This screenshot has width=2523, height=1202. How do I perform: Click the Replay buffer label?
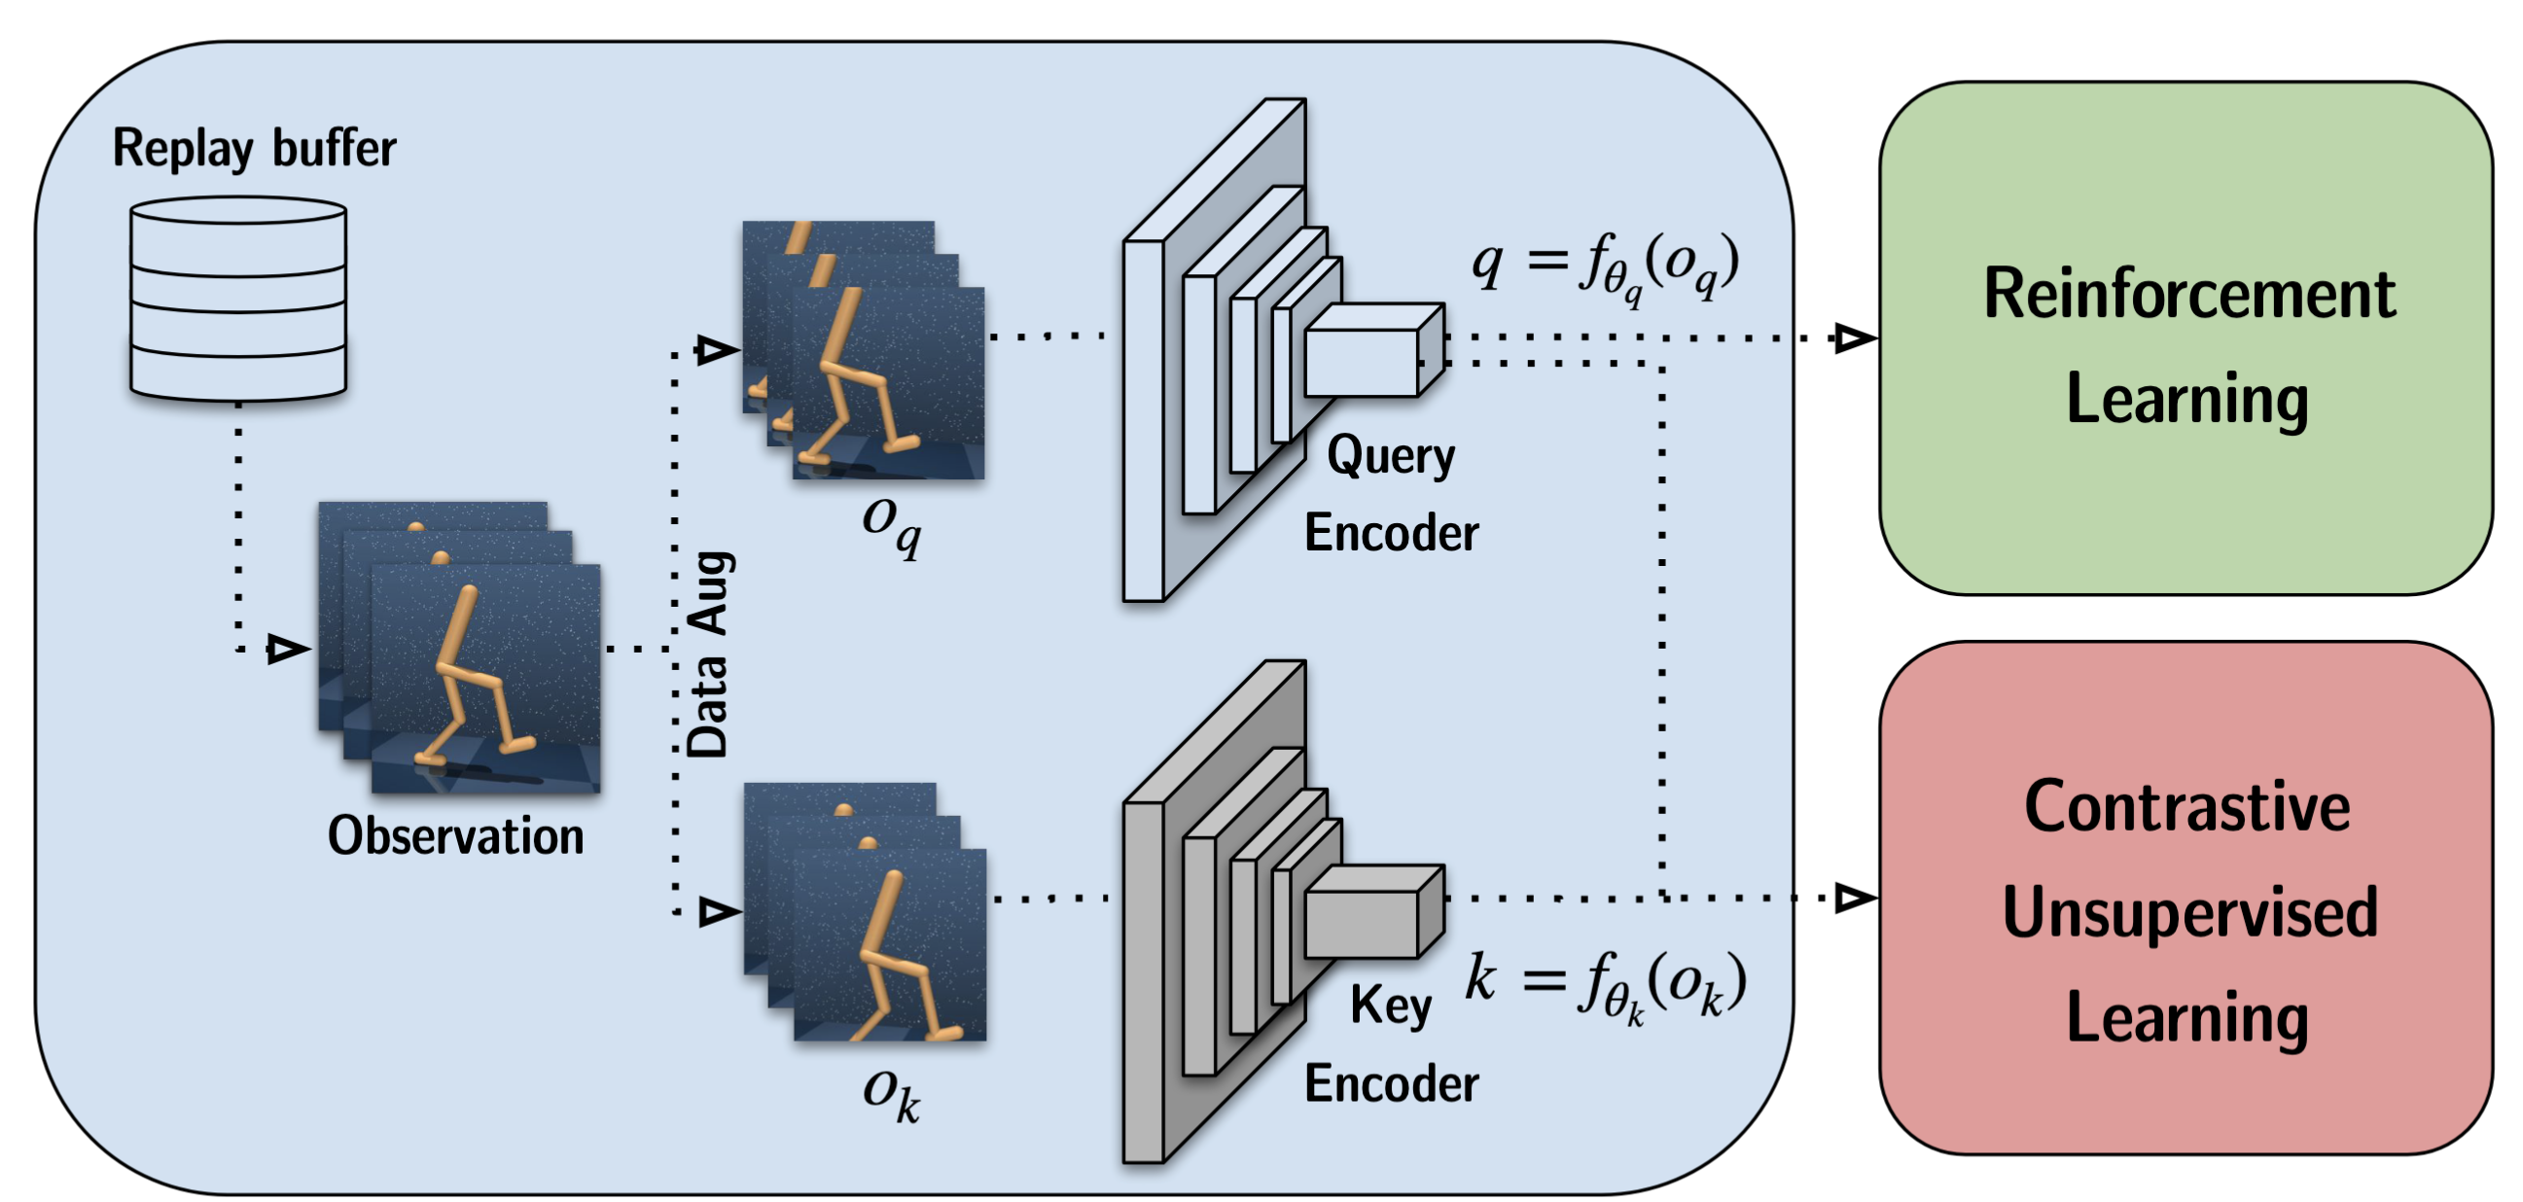pyautogui.click(x=254, y=149)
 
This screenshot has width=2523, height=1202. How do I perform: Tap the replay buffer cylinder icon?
pyautogui.click(x=238, y=298)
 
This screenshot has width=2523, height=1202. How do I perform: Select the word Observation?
pyautogui.click(x=455, y=835)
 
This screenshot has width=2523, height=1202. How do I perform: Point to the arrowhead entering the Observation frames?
pyautogui.click(x=287, y=649)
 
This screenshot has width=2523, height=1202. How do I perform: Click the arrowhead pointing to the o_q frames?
pyautogui.click(x=716, y=350)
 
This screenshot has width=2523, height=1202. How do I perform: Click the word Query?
pyautogui.click(x=1391, y=456)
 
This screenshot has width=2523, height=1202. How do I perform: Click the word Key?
pyautogui.click(x=1391, y=1007)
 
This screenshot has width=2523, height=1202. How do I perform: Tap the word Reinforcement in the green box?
pyautogui.click(x=2189, y=294)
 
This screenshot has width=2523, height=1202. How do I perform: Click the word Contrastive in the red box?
pyautogui.click(x=2187, y=807)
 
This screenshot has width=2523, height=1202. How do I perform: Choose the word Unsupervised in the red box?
pyautogui.click(x=2190, y=912)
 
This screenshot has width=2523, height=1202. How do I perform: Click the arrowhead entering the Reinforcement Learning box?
pyautogui.click(x=1854, y=339)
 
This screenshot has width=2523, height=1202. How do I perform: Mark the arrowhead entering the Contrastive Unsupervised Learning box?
pyautogui.click(x=1854, y=898)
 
